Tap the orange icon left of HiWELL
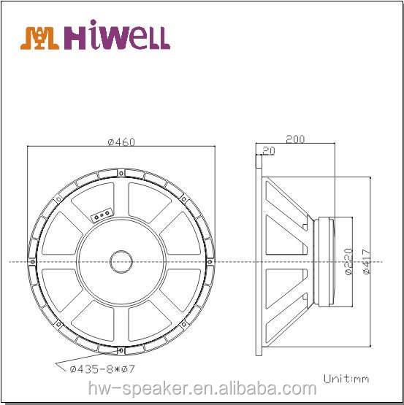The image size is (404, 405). [x=40, y=37]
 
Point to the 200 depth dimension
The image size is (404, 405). [x=295, y=138]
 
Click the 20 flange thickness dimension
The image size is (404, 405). [x=268, y=150]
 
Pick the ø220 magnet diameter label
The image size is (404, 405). [x=348, y=260]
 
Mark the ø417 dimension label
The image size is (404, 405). [x=366, y=260]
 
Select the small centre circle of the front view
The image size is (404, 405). [x=121, y=261]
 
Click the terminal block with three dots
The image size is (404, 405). [x=101, y=214]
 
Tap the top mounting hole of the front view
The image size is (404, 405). [x=121, y=172]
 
